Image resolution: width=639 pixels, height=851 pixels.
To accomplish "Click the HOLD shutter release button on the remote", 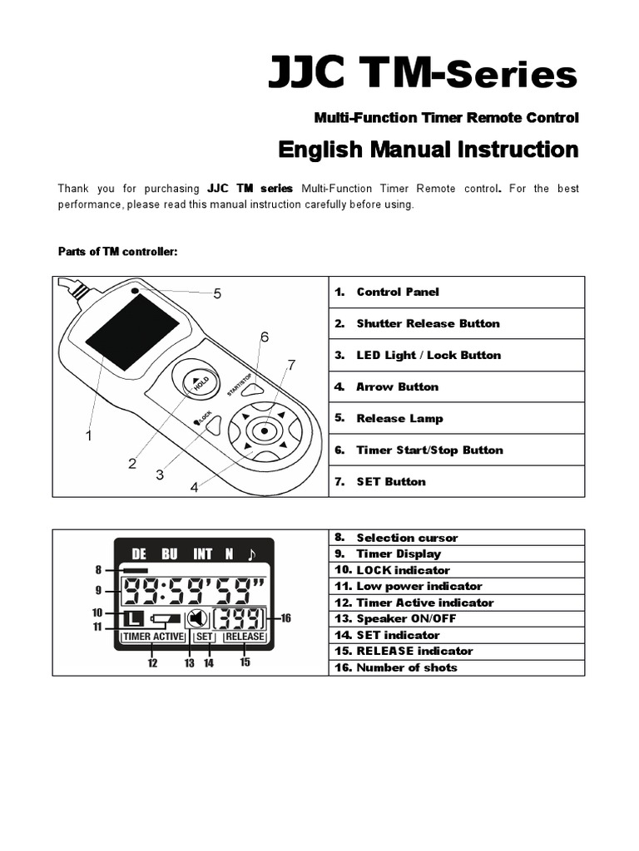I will (196, 384).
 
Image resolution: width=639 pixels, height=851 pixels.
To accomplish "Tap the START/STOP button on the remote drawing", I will (253, 387).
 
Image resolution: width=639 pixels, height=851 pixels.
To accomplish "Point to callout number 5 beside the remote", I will (217, 293).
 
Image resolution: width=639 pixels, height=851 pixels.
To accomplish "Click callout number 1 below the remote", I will (88, 435).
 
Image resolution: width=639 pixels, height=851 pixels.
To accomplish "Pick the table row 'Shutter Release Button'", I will (428, 323).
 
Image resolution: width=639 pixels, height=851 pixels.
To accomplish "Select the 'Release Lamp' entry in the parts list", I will (399, 418).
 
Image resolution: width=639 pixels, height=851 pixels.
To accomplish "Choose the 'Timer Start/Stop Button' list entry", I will (429, 450).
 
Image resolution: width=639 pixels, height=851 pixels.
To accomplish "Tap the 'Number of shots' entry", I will (406, 667).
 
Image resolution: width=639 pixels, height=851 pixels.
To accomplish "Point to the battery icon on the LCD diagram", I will (164, 619).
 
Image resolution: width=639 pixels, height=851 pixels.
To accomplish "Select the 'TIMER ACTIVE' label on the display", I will (152, 637).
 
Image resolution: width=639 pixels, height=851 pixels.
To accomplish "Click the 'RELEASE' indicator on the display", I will (245, 637).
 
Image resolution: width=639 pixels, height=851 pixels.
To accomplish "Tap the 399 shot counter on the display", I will (240, 618).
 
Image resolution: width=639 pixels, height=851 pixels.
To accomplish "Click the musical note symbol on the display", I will (252, 553).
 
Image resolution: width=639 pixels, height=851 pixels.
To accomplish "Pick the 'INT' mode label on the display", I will (202, 553).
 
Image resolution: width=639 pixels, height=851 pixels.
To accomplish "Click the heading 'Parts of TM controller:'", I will (117, 252).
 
